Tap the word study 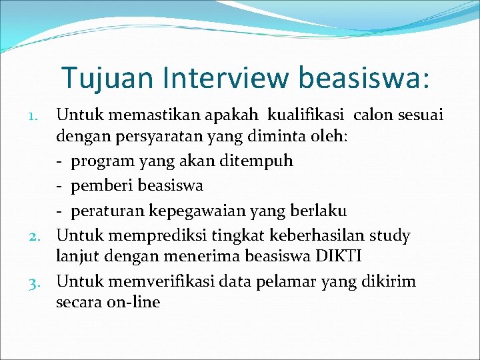pyautogui.click(x=391, y=235)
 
